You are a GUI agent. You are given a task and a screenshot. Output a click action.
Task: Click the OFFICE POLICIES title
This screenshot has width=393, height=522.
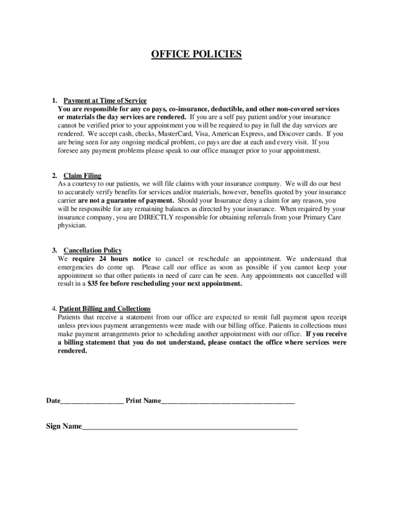(196, 54)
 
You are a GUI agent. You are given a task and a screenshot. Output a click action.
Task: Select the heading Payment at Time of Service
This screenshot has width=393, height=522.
(105, 101)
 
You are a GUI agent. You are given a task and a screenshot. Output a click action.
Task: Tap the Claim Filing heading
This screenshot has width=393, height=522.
(82, 176)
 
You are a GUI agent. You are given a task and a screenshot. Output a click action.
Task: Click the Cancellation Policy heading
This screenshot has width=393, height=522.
(92, 250)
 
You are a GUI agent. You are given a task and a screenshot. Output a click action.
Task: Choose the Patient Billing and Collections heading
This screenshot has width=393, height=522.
(105, 309)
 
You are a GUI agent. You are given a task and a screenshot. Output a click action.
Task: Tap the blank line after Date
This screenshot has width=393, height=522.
(92, 401)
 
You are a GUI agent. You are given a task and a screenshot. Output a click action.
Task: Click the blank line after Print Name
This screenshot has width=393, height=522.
(228, 401)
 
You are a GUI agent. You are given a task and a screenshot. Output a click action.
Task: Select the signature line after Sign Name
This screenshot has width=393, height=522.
(189, 427)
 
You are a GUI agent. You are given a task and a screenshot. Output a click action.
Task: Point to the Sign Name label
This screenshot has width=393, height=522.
(64, 426)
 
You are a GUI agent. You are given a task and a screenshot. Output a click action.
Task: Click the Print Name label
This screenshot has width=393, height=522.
(143, 401)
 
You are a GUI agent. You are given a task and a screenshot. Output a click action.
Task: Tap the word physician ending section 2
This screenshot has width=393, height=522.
(72, 225)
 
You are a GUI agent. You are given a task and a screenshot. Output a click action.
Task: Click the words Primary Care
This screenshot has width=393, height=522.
(325, 217)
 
